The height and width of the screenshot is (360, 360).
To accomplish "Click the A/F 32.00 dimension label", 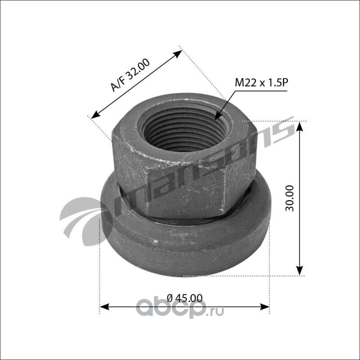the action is tap(130, 75).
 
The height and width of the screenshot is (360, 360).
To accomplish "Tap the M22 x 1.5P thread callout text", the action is tap(261, 83).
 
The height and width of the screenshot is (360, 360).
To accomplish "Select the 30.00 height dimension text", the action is tap(289, 198).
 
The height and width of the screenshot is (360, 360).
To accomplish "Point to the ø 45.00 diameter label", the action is tap(184, 298).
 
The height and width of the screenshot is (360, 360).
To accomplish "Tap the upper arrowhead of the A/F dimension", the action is tap(177, 54).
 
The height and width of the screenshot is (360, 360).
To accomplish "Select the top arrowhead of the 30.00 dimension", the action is tap(300, 127).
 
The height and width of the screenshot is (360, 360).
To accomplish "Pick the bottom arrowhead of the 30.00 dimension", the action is tap(300, 270).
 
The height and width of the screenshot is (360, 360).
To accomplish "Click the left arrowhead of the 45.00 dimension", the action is tap(104, 306).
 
